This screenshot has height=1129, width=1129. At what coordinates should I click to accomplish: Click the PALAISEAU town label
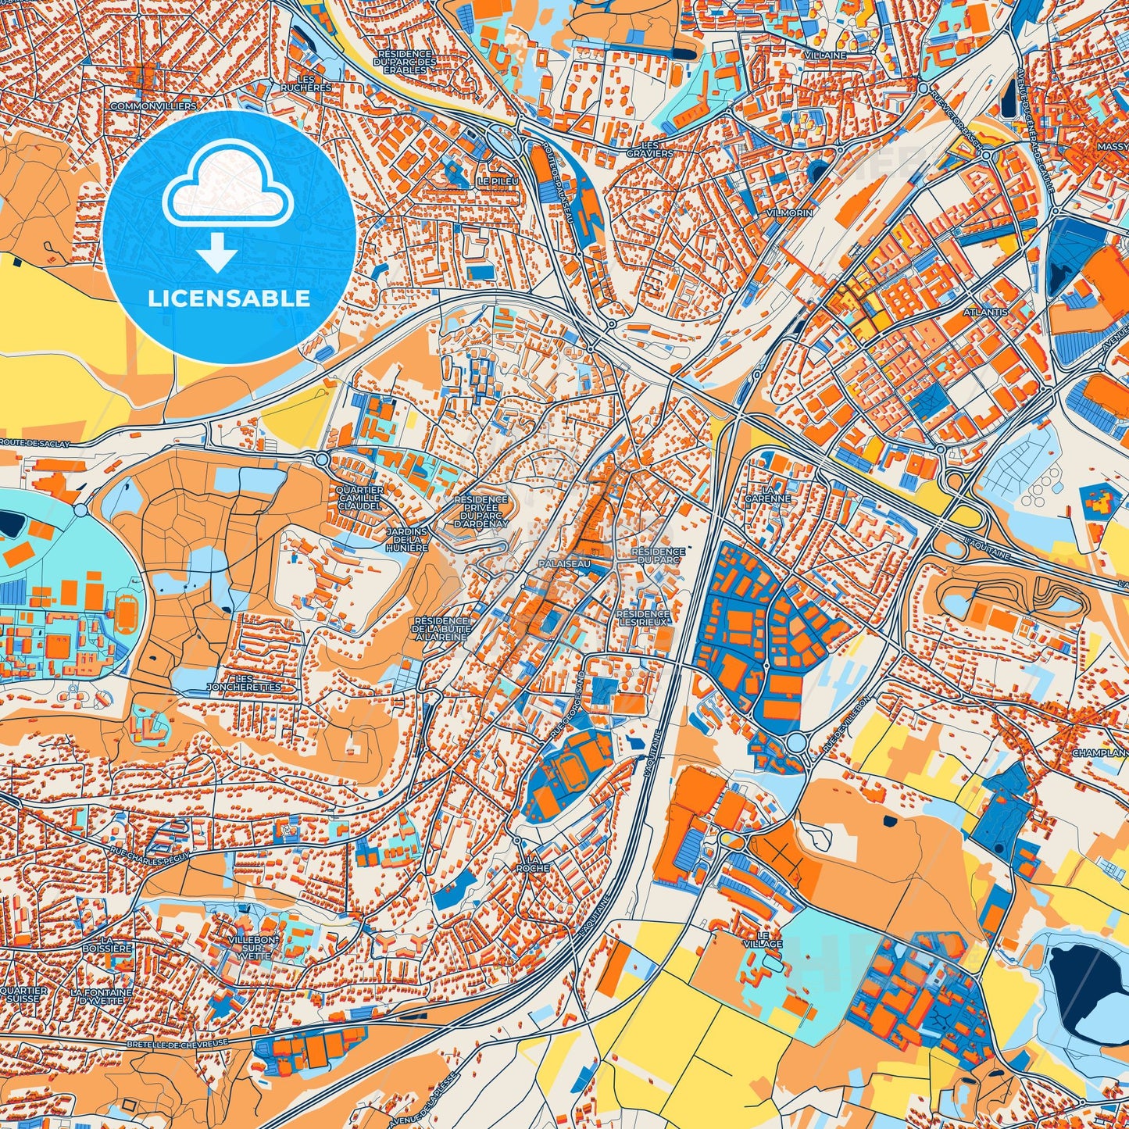point(564,563)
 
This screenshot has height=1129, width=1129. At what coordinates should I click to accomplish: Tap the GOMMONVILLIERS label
point(153,105)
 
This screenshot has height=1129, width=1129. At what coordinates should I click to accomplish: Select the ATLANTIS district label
point(985,312)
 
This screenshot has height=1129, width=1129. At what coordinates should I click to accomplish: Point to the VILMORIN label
point(790,213)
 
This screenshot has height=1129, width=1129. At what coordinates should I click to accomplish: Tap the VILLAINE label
point(825,55)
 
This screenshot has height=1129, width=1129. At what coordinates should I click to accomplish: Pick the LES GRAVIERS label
point(649,149)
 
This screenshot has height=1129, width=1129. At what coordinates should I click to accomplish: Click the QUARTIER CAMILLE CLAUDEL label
point(359,498)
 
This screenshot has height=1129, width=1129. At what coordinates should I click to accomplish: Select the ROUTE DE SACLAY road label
point(34,443)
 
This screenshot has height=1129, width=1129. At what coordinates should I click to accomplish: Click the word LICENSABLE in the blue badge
point(230,298)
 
